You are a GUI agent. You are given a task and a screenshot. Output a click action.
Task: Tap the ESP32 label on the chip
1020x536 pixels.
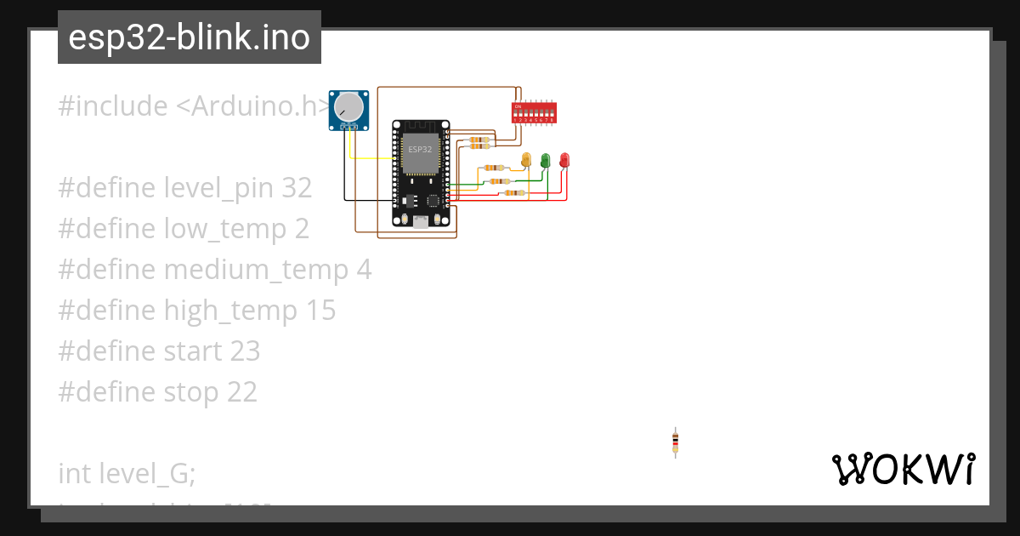(x=420, y=150)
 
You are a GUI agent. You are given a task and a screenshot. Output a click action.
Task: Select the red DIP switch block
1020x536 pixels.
(x=534, y=112)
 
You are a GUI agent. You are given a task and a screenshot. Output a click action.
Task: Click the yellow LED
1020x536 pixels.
(x=526, y=159)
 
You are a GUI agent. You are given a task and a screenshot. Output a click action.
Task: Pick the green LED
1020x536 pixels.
(x=546, y=159)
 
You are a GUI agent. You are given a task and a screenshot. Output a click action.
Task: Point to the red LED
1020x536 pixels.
(x=564, y=159)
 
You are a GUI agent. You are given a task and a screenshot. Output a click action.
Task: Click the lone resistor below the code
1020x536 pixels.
(x=675, y=442)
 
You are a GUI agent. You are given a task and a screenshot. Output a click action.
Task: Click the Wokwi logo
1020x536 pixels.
(x=903, y=469)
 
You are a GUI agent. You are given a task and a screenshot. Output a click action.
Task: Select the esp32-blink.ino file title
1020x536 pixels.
(x=190, y=37)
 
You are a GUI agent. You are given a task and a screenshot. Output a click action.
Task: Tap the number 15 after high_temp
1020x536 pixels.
(x=319, y=311)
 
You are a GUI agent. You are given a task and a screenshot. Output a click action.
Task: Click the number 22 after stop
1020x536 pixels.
(x=241, y=392)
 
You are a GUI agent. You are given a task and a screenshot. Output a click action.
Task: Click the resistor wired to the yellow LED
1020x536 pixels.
(x=494, y=168)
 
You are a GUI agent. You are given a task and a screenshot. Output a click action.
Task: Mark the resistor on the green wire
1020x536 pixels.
(x=500, y=181)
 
